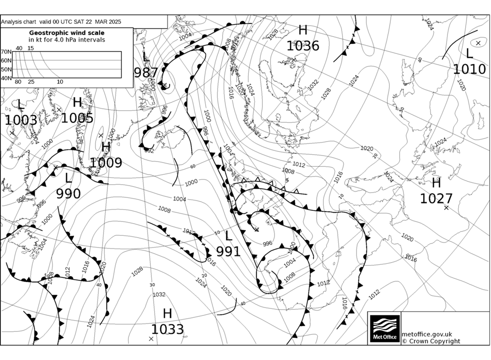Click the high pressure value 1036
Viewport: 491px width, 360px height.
(303, 46)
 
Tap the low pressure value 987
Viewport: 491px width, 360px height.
(146, 73)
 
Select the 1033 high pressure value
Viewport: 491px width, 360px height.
(167, 329)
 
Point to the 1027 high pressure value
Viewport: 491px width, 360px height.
(436, 199)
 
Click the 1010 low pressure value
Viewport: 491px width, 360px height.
(469, 69)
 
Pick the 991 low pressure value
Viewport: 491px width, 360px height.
(228, 252)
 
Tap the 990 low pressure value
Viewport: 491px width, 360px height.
(68, 193)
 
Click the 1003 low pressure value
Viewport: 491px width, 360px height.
(21, 120)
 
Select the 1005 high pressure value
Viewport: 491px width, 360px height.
(77, 118)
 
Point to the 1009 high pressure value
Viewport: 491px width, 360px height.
(106, 163)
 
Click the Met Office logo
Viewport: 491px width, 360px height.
(385, 329)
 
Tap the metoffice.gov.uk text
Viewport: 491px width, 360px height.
(427, 334)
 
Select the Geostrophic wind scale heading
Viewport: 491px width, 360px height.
(67, 33)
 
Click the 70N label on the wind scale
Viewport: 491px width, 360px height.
(6, 52)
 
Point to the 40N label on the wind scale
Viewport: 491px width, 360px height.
(6, 78)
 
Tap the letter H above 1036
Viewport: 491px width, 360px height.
(303, 30)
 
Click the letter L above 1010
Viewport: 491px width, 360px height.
(469, 53)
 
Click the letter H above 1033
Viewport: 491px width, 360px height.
(167, 314)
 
